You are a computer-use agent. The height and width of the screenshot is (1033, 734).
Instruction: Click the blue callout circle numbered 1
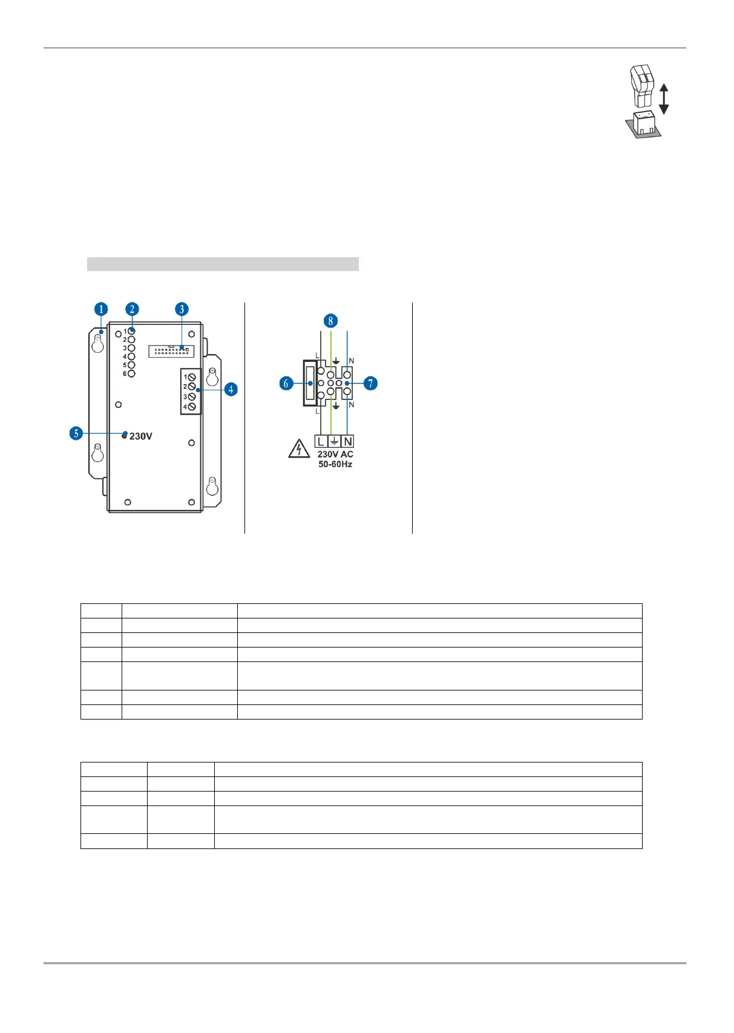tap(101, 309)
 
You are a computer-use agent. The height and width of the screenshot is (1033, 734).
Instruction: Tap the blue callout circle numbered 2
tap(133, 309)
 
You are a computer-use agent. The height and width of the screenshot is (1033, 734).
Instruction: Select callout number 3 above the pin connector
tap(182, 309)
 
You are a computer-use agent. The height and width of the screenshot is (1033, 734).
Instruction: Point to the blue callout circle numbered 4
tap(231, 389)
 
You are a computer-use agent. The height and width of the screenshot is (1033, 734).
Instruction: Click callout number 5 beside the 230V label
tap(76, 433)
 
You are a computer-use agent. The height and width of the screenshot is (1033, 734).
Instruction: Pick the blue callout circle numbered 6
tap(287, 383)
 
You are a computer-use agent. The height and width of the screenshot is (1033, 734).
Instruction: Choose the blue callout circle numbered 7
tap(370, 383)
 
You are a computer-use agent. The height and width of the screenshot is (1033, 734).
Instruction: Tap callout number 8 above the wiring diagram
tap(330, 321)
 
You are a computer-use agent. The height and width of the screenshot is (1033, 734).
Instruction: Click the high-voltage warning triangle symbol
tap(299, 450)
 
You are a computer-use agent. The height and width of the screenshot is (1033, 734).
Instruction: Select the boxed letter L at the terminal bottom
tap(321, 442)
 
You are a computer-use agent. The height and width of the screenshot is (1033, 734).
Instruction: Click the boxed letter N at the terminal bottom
tap(347, 442)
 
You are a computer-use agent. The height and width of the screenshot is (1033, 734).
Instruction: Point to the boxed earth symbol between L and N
tap(334, 442)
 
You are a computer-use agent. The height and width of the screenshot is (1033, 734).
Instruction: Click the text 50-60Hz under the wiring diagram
tap(335, 464)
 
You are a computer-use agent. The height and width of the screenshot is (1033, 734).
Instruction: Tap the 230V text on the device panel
tap(141, 436)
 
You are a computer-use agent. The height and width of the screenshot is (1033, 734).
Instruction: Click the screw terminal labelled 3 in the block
tap(192, 396)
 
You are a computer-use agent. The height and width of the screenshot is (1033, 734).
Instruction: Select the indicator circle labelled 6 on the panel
tap(131, 373)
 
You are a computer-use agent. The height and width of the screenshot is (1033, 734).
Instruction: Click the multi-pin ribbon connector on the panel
tap(171, 351)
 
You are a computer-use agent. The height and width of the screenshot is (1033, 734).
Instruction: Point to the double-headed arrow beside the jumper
tap(664, 99)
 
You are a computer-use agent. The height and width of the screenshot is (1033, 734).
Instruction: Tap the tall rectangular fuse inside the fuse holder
tap(309, 383)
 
